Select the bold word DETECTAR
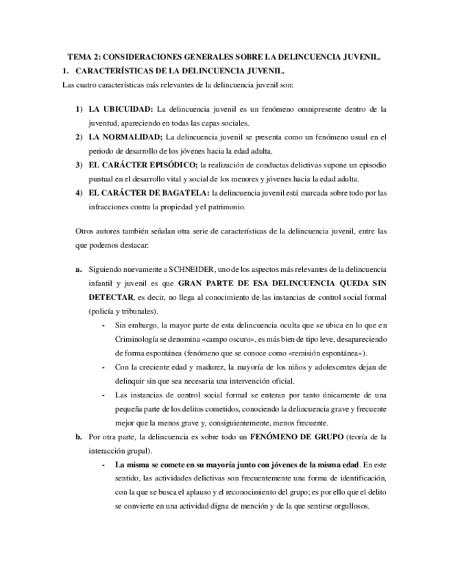(110, 297)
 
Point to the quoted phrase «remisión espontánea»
(320, 353)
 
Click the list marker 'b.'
(79, 436)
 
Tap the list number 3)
(79, 165)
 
